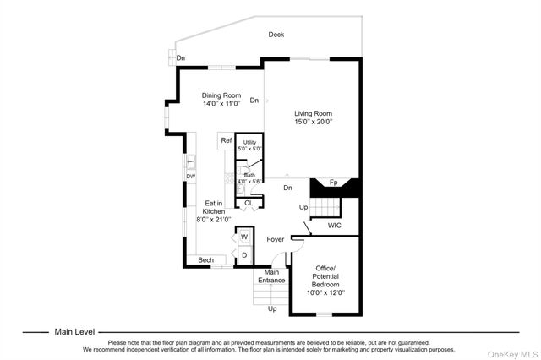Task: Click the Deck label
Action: click(276, 35)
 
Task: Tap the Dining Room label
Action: click(222, 95)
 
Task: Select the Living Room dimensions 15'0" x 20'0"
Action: click(314, 122)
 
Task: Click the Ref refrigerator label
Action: click(227, 140)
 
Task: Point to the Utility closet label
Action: click(249, 144)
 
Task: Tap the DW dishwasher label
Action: click(191, 177)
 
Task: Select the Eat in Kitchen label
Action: click(214, 210)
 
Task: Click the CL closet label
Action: click(249, 203)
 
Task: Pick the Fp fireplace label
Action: click(333, 183)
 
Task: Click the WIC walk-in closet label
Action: click(336, 226)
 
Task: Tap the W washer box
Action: click(244, 237)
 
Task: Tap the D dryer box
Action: click(244, 254)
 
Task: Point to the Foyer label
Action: click(276, 240)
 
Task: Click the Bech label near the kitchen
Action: click(205, 260)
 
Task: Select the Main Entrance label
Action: click(271, 276)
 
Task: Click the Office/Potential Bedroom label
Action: click(325, 281)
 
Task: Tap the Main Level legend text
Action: click(74, 332)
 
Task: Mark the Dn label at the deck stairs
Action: click(181, 57)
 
